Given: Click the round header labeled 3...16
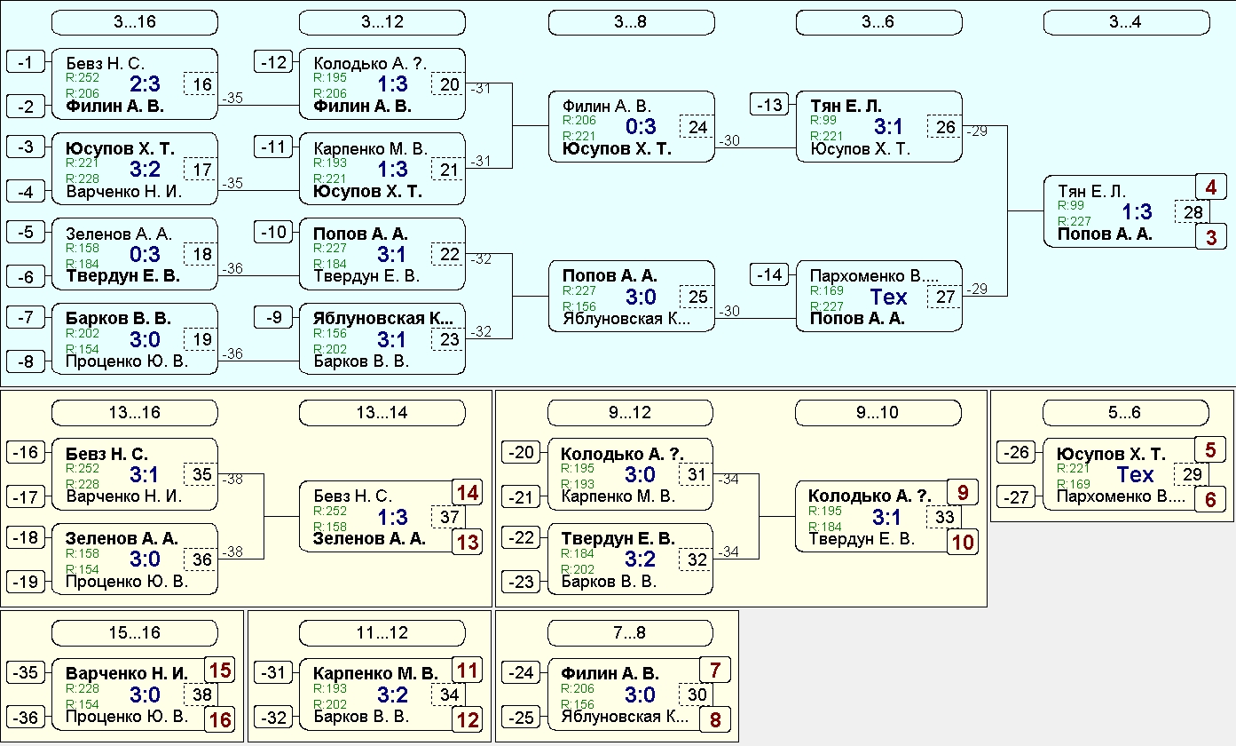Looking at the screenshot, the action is tap(135, 22).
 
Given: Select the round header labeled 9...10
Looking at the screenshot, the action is tap(878, 412).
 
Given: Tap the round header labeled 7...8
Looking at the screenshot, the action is tap(630, 632).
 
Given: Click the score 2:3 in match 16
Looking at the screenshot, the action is tap(145, 84).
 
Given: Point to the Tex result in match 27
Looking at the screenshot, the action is tap(888, 298).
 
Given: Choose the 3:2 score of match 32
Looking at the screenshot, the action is tap(640, 559).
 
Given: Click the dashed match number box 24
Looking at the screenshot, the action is tap(697, 127).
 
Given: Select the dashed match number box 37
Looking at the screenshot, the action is tap(449, 517).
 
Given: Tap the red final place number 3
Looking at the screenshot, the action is tap(1211, 237).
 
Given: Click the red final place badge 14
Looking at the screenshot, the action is tap(468, 493).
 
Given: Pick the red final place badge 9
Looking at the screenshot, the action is tap(963, 493).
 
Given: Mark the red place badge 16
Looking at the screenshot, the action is tap(220, 719).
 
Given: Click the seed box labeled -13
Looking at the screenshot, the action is tap(769, 105).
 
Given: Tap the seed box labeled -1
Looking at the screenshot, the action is tap(26, 62).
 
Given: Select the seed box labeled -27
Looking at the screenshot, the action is tap(1016, 497).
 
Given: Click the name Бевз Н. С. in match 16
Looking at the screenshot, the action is tap(105, 64).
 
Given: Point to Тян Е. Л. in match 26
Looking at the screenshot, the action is tap(846, 106).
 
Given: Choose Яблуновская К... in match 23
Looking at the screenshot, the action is tap(383, 319).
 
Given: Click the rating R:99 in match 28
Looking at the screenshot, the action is tap(1070, 205).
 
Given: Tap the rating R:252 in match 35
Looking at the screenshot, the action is tap(83, 468).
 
